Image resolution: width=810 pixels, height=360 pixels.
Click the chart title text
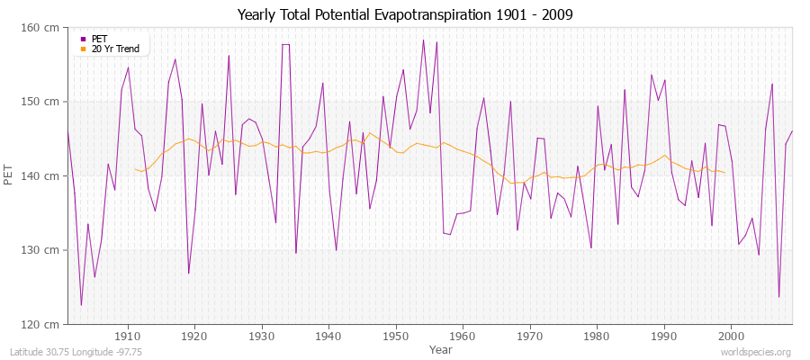405,15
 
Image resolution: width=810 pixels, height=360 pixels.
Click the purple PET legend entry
99,39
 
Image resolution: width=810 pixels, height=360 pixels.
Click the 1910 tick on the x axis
128,336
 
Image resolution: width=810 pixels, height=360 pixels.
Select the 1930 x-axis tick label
262,336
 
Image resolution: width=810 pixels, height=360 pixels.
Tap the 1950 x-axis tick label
396,336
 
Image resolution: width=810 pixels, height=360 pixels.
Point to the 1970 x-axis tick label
530,336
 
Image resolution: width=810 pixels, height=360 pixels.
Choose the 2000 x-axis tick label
731,336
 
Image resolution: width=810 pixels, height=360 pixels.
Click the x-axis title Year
441,348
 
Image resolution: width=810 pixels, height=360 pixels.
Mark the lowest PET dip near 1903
81,305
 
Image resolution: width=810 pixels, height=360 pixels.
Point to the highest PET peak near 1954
423,40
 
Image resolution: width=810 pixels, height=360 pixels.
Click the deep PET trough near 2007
778,297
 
